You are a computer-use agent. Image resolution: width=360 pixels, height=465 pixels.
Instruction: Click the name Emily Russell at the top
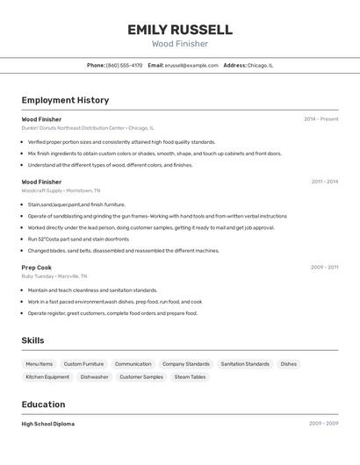pyautogui.click(x=179, y=30)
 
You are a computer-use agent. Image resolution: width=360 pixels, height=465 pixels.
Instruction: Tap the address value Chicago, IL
pyautogui.click(x=260, y=65)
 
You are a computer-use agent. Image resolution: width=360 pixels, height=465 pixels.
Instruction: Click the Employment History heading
pyautogui.click(x=65, y=100)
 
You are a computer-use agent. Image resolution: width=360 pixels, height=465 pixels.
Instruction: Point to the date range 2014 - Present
pyautogui.click(x=320, y=119)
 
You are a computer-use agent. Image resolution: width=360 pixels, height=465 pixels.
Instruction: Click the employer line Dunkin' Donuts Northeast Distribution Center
pyautogui.click(x=88, y=128)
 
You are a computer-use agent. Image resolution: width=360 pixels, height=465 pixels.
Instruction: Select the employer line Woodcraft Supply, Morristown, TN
pyautogui.click(x=61, y=190)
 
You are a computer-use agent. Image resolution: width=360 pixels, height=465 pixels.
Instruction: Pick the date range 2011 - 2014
pyautogui.click(x=324, y=182)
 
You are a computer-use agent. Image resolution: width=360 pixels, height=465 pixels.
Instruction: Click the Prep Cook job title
pyautogui.click(x=37, y=268)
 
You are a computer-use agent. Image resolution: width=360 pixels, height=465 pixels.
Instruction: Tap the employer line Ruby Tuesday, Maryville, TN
pyautogui.click(x=58, y=276)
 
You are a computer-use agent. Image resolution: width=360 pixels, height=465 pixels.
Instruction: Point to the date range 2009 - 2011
pyautogui.click(x=324, y=268)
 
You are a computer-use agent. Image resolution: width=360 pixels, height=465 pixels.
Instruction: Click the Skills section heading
pyautogui.click(x=32, y=340)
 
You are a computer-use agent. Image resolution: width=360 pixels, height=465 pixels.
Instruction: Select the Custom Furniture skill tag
pyautogui.click(x=83, y=364)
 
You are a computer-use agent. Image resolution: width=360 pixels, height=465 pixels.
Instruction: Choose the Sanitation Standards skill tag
pyautogui.click(x=245, y=364)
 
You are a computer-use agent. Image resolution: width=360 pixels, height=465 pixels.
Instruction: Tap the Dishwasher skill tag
pyautogui.click(x=94, y=377)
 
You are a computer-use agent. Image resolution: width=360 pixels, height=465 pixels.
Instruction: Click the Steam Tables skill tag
pyautogui.click(x=190, y=377)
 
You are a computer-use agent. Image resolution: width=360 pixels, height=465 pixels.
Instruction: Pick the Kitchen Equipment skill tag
pyautogui.click(x=47, y=377)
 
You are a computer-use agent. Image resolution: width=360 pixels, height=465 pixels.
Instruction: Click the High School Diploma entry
pyautogui.click(x=48, y=424)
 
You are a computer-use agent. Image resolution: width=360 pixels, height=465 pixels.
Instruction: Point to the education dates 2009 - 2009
pyautogui.click(x=323, y=424)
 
